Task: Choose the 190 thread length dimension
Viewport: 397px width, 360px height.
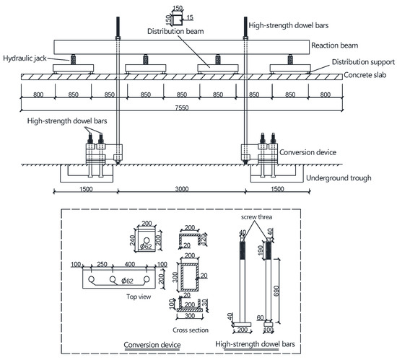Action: click(x=257, y=250)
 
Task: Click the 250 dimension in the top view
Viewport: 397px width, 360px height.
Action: click(x=104, y=264)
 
